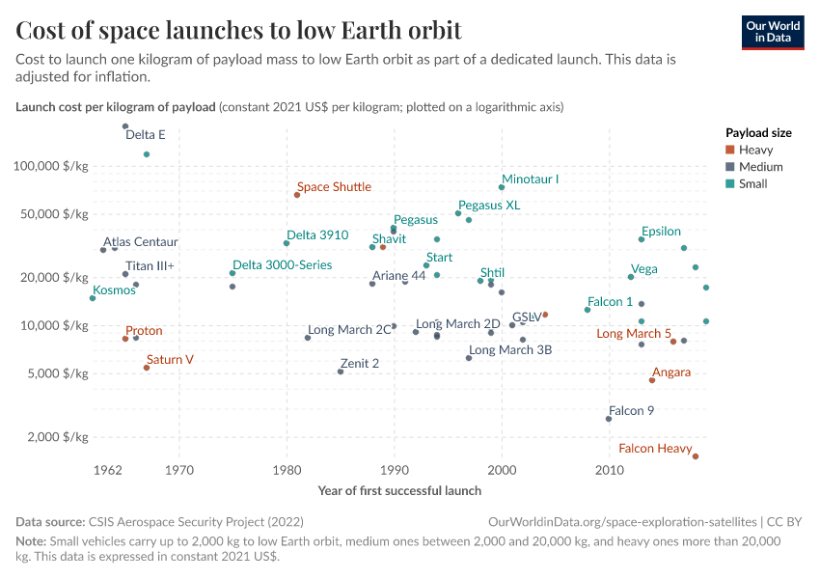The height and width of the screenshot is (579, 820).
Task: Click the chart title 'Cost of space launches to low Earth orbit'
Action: (x=238, y=30)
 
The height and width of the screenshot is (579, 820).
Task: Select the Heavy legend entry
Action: (x=754, y=150)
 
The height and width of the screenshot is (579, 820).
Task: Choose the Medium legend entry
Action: (x=759, y=167)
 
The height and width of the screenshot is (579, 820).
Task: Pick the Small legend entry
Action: (x=752, y=183)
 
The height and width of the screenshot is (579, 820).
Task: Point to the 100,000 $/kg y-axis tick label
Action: (x=50, y=166)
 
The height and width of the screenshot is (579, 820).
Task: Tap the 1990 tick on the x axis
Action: (x=394, y=471)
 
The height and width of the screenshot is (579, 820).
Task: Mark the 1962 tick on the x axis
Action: (x=107, y=471)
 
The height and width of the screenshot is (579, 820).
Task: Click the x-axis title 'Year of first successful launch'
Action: (x=399, y=490)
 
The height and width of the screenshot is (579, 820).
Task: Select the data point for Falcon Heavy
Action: (x=696, y=456)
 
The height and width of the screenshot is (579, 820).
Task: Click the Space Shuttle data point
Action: (x=297, y=195)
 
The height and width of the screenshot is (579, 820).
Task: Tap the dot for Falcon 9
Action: (x=609, y=419)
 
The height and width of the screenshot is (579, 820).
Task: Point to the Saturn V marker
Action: (x=147, y=368)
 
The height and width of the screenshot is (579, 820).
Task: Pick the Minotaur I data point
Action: (x=502, y=187)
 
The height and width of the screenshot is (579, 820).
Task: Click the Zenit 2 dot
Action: (x=341, y=372)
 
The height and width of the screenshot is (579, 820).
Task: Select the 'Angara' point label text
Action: (x=670, y=372)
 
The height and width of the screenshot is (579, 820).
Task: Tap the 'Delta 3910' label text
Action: (x=317, y=234)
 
